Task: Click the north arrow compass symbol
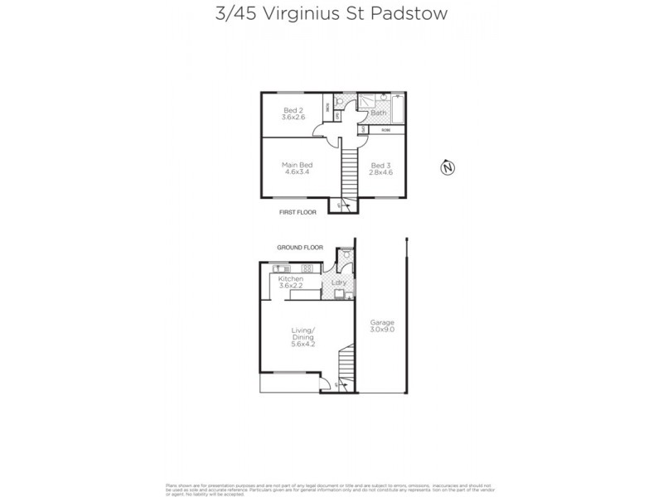point(448,168)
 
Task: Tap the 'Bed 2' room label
point(291,110)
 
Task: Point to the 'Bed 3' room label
point(381,165)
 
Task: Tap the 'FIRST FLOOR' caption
point(298,212)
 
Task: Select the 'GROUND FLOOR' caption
point(299,248)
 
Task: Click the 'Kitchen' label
point(290,279)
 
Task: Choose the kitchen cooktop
point(307,268)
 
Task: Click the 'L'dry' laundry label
point(338,283)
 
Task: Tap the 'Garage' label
point(382,322)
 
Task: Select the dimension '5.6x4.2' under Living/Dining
point(304,344)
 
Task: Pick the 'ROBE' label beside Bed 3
point(386,130)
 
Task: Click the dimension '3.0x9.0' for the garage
point(382,330)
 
